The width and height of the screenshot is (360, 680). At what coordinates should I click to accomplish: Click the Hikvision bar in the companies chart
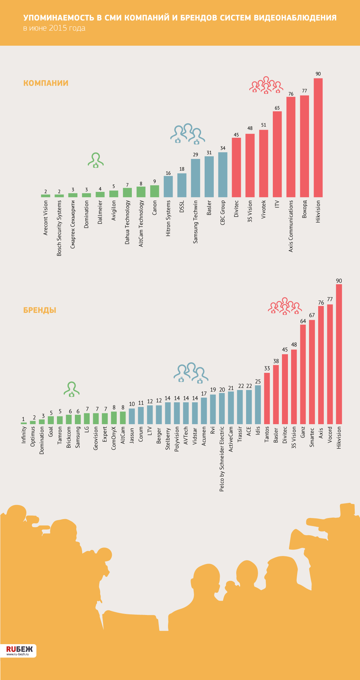318,137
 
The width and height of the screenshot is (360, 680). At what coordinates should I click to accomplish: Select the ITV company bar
277,154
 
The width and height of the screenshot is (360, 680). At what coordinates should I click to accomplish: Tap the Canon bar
155,191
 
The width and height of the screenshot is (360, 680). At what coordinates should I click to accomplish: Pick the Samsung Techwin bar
195,178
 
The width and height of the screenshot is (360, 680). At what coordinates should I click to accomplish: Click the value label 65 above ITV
277,108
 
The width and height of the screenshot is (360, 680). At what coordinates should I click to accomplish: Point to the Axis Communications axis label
291,226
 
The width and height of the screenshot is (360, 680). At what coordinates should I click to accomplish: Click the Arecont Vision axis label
46,218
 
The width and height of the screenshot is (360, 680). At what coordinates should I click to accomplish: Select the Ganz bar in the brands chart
303,374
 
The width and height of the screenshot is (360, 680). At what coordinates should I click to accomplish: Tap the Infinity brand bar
24,423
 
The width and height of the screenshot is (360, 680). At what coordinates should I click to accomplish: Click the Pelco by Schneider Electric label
222,459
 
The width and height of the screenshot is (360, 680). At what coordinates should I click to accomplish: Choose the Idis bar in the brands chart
258,404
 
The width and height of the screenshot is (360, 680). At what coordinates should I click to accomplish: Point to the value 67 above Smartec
312,315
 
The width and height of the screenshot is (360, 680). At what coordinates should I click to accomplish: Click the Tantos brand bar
267,398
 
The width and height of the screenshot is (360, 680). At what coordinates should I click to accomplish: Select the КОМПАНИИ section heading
46,83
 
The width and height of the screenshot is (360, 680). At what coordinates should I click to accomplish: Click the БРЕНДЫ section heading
40,310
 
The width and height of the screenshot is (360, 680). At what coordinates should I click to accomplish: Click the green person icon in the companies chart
96,160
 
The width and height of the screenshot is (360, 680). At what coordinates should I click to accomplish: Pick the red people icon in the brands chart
285,306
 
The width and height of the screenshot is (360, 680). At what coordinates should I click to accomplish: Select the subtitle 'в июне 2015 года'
54,28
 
